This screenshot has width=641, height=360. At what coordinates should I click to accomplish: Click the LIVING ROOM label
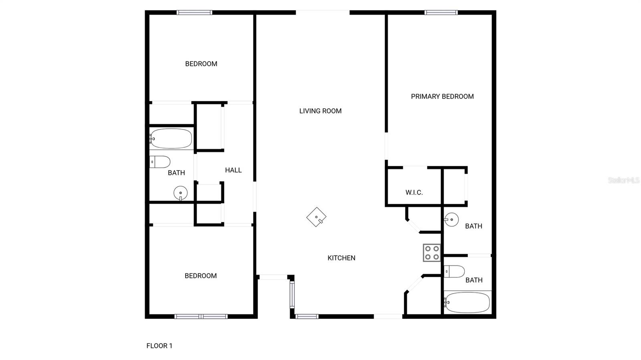320,111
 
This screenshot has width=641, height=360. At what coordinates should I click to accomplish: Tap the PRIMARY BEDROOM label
442,97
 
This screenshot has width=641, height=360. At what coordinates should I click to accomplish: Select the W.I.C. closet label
414,193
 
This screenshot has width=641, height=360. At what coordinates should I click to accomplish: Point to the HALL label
233,170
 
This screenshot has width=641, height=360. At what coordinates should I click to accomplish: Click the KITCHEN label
341,258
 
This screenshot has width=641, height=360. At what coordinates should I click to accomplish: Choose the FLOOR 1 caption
159,346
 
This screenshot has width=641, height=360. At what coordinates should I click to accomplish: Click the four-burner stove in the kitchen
432,253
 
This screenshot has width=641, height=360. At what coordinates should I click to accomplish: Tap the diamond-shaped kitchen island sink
316,217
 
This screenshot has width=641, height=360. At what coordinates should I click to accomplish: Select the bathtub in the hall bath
171,139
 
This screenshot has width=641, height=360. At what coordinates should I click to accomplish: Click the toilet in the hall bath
160,162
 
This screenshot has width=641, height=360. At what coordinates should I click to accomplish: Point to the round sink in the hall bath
181,193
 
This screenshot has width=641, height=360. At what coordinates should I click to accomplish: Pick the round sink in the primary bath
452,219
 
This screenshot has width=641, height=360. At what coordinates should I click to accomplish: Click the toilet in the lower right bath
454,272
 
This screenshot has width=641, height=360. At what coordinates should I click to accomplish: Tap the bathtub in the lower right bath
467,302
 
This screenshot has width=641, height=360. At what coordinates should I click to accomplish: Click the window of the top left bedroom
195,12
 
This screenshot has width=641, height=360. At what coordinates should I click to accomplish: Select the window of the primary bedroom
441,12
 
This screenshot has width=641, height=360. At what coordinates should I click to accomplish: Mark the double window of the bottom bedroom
201,316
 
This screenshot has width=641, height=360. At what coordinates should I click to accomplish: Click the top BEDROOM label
201,64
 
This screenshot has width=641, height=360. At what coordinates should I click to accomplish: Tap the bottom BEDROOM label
201,276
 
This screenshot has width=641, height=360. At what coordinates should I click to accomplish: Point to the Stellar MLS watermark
623,180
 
